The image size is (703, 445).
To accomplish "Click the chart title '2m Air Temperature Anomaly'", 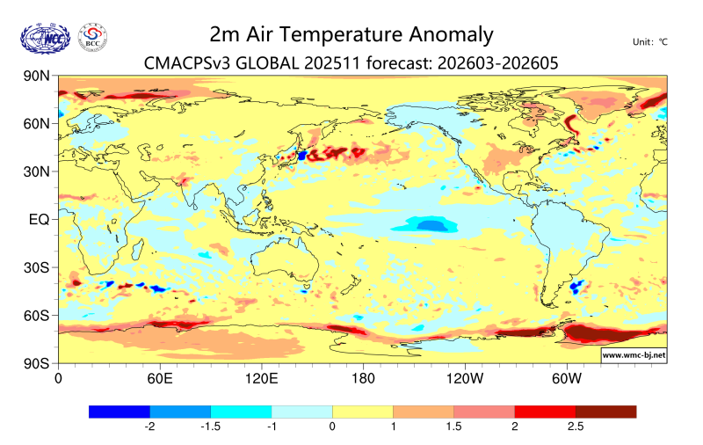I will [351, 34].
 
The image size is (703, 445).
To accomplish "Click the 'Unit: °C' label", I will [650, 41].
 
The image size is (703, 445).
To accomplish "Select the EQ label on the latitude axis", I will [39, 219].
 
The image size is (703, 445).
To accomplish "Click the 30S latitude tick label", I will [36, 267].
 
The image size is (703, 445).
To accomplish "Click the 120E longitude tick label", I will [262, 379].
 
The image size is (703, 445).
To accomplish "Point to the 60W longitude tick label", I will [568, 379].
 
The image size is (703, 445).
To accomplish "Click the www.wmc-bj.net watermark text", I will [633, 355].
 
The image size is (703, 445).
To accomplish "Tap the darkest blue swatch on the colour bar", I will [120, 412].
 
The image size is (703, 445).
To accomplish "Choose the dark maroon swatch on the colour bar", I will [605, 412].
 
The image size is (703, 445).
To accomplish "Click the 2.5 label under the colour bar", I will [576, 427].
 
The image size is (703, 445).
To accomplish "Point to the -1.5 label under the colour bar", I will [211, 427].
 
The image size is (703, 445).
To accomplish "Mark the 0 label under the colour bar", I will [333, 427].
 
